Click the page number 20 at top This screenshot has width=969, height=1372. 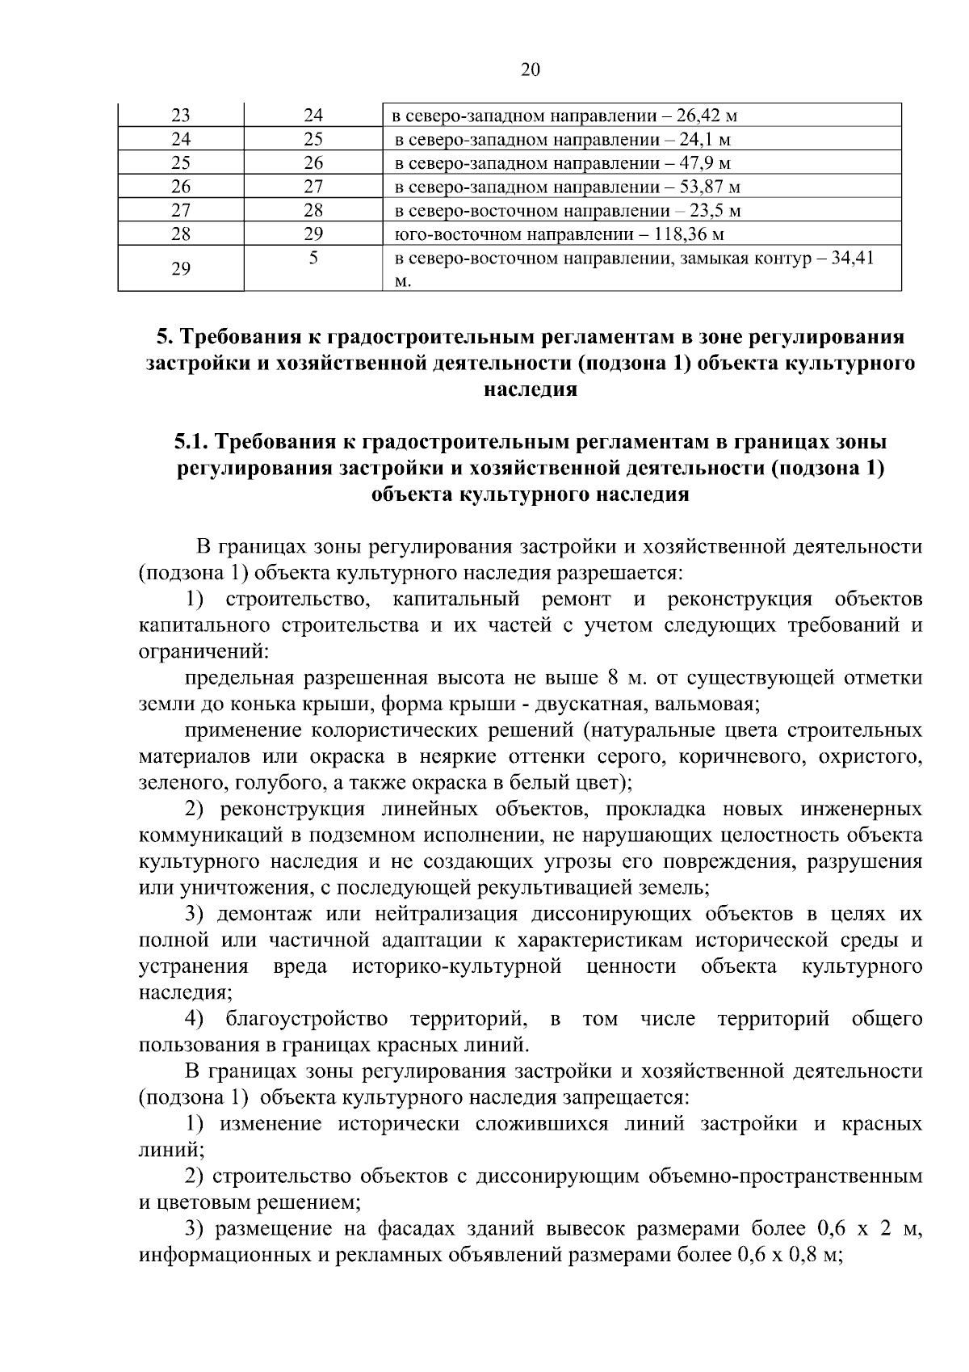click(x=531, y=69)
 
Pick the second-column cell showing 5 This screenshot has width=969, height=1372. click(x=313, y=259)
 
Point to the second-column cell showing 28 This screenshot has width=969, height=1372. click(x=313, y=211)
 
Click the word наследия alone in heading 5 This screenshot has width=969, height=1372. click(x=531, y=389)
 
